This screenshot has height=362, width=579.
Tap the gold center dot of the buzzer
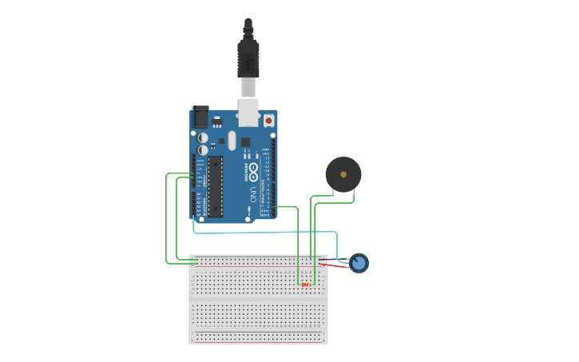point(343,173)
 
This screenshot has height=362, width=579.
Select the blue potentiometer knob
point(359,262)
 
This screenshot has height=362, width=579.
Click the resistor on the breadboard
point(306,284)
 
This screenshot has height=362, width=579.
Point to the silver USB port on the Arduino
point(249,113)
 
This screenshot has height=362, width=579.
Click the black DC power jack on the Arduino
point(200,117)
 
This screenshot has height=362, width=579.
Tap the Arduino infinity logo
point(253,170)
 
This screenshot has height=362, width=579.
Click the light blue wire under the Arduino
point(264,233)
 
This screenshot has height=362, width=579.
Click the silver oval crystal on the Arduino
point(232,141)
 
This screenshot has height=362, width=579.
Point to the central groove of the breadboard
point(258,298)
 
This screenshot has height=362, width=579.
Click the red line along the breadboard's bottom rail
point(258,342)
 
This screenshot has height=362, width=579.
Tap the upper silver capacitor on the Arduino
point(203,137)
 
